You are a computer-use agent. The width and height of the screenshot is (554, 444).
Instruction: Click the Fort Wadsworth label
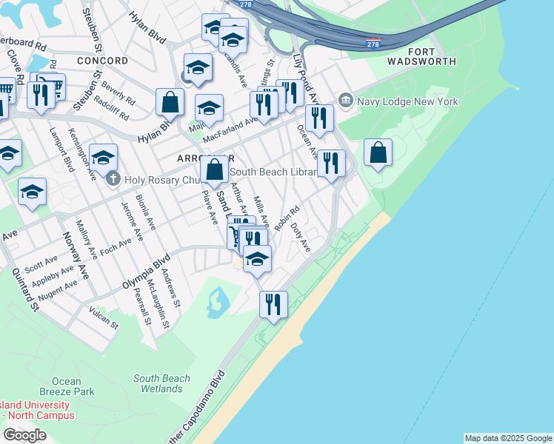click(421, 56)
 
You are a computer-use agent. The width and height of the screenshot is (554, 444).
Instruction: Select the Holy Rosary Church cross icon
click(112, 178)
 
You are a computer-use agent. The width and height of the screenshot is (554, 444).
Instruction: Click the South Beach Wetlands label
click(162, 383)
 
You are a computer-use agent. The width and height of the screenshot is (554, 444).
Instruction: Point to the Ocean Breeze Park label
click(67, 386)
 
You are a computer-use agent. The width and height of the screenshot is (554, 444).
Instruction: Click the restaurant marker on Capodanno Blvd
click(273, 303)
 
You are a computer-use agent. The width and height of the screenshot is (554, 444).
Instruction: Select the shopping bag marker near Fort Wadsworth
click(378, 152)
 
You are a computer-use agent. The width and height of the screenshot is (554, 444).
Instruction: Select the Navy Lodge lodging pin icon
click(345, 100)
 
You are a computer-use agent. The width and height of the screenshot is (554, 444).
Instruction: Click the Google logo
click(24, 434)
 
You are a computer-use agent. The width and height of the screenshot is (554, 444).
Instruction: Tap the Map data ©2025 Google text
click(508, 438)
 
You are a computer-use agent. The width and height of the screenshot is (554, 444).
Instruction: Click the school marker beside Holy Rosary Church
click(103, 157)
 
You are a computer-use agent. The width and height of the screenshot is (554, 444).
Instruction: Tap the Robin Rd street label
click(286, 218)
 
